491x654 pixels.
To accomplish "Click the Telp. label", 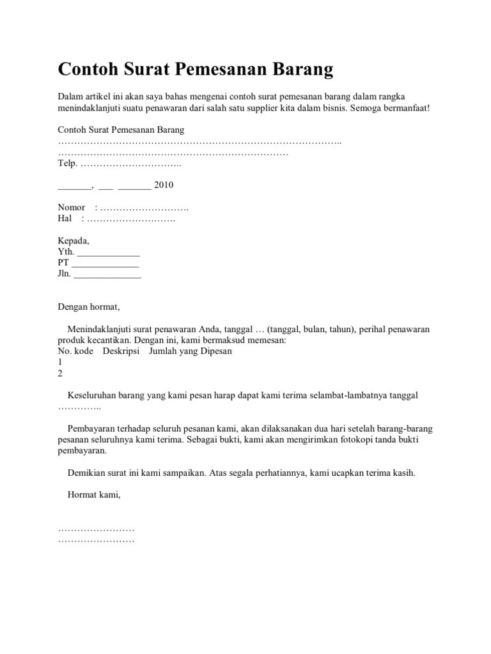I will (67, 164).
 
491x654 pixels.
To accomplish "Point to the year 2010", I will (164, 185).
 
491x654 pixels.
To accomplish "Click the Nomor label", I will (72, 208).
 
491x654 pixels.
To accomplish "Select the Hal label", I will (65, 218).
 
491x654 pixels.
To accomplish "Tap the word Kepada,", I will (74, 241).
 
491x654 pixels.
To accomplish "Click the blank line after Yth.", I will (108, 252).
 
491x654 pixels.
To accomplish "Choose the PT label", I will (63, 263).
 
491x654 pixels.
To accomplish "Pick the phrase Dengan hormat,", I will (89, 307).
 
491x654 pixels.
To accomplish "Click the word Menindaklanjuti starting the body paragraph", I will (99, 330).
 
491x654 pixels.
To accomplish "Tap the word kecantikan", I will (118, 340).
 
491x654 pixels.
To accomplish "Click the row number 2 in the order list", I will (61, 374).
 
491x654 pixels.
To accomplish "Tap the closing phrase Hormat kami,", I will (93, 495).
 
